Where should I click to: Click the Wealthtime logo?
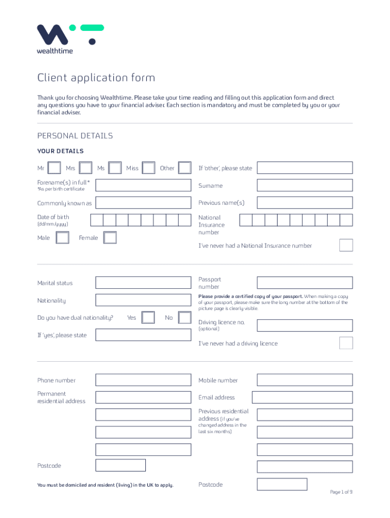70,39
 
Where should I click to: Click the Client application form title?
96,78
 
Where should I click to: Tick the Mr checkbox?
55,168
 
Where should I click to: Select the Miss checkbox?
148,168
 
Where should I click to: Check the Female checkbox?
110,238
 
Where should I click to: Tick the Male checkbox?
62,238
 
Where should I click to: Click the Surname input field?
304,186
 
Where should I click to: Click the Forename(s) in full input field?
143,185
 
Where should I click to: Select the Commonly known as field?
143,203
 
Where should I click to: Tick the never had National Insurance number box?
346,245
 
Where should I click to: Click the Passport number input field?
304,283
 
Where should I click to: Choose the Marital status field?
143,283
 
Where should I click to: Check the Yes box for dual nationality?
148,318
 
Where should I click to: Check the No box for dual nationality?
185,318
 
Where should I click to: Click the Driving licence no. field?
304,325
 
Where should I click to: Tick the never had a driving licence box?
346,343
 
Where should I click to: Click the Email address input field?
302,397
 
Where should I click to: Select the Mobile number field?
304,380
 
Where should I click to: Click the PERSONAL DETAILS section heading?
75,136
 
